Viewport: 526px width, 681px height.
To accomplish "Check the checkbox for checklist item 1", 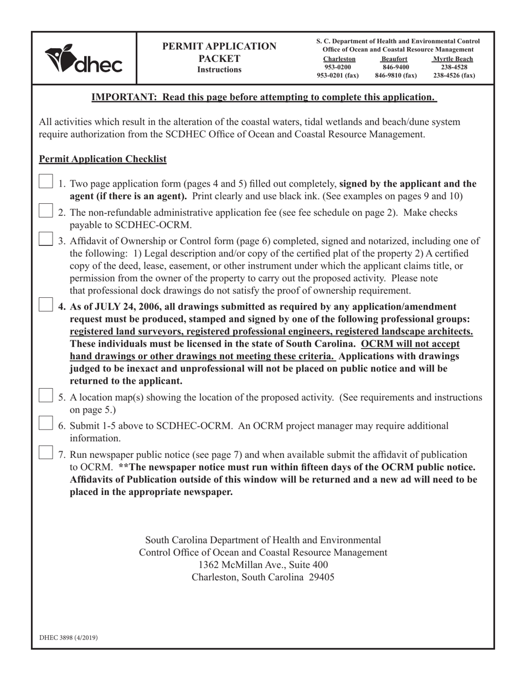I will click(x=46, y=182).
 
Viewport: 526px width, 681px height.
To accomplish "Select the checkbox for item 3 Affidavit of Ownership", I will click(x=46, y=239).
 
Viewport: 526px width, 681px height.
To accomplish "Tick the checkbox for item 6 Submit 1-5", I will click(x=46, y=424).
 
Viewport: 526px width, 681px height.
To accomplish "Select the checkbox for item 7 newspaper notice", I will click(x=46, y=452).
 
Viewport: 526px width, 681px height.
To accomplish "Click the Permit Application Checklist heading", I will click(x=102, y=159).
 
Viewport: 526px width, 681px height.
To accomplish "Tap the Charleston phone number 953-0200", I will click(x=338, y=67).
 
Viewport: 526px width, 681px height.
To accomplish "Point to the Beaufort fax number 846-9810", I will click(x=395, y=75).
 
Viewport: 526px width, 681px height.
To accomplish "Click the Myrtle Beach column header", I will click(x=453, y=59).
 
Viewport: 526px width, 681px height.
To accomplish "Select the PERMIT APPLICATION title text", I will click(x=219, y=47).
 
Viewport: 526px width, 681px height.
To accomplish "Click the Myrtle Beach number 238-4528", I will click(x=453, y=67).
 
